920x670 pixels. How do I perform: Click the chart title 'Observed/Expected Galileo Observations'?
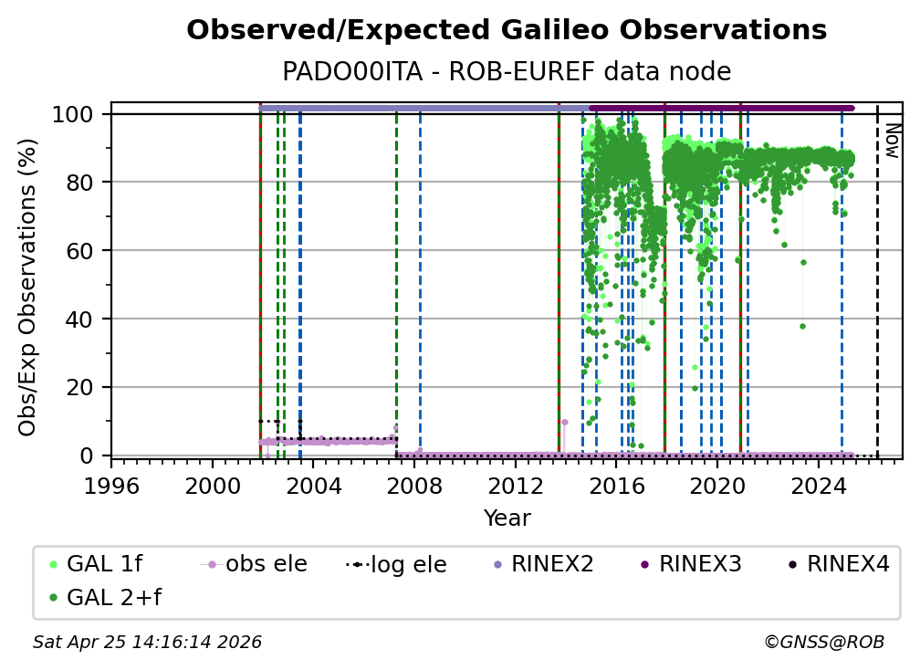(x=507, y=31)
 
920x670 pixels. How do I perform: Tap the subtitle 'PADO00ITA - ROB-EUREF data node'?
(x=507, y=72)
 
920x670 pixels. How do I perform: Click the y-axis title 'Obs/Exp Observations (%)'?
(x=28, y=287)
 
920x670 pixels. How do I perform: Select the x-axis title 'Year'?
(x=507, y=518)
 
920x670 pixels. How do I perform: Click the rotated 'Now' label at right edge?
(x=892, y=142)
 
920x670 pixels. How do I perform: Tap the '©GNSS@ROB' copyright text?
(x=823, y=643)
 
